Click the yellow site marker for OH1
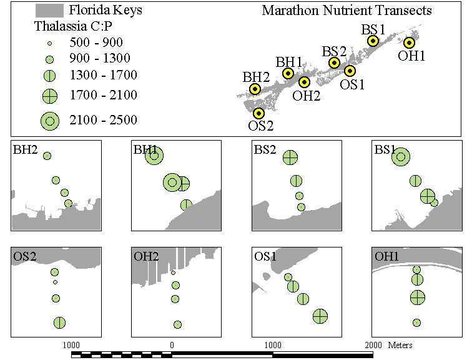(409, 42)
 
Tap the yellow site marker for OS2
(258, 113)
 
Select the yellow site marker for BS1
(373, 41)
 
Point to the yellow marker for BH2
(255, 89)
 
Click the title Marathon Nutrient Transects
(347, 11)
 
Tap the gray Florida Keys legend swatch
(49, 11)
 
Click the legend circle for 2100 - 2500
(50, 121)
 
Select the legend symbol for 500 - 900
(50, 43)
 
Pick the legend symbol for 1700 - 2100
(50, 96)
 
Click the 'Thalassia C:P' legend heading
(74, 26)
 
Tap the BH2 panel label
(25, 149)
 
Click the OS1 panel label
(265, 256)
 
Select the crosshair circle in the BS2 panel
(290, 157)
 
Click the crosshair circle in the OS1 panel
(320, 316)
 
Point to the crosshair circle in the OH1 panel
(418, 297)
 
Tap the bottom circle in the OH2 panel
(177, 324)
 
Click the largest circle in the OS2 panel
(59, 322)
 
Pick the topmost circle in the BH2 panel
(47, 156)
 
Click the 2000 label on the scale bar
(373, 345)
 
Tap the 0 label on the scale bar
(172, 345)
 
